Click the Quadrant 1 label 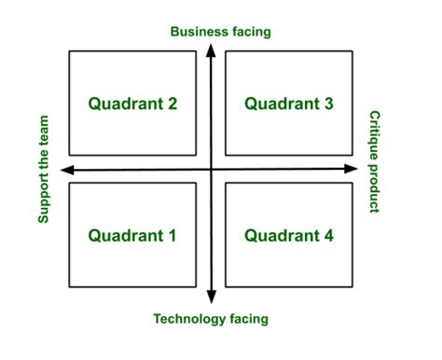point(132,236)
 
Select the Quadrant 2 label point(132,104)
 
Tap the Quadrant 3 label point(289,104)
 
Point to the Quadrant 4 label point(289,236)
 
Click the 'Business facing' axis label point(220,32)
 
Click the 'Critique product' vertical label point(375,159)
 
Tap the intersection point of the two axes point(212,170)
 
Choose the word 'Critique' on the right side point(375,134)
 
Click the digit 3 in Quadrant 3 point(328,104)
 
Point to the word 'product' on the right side point(375,187)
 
